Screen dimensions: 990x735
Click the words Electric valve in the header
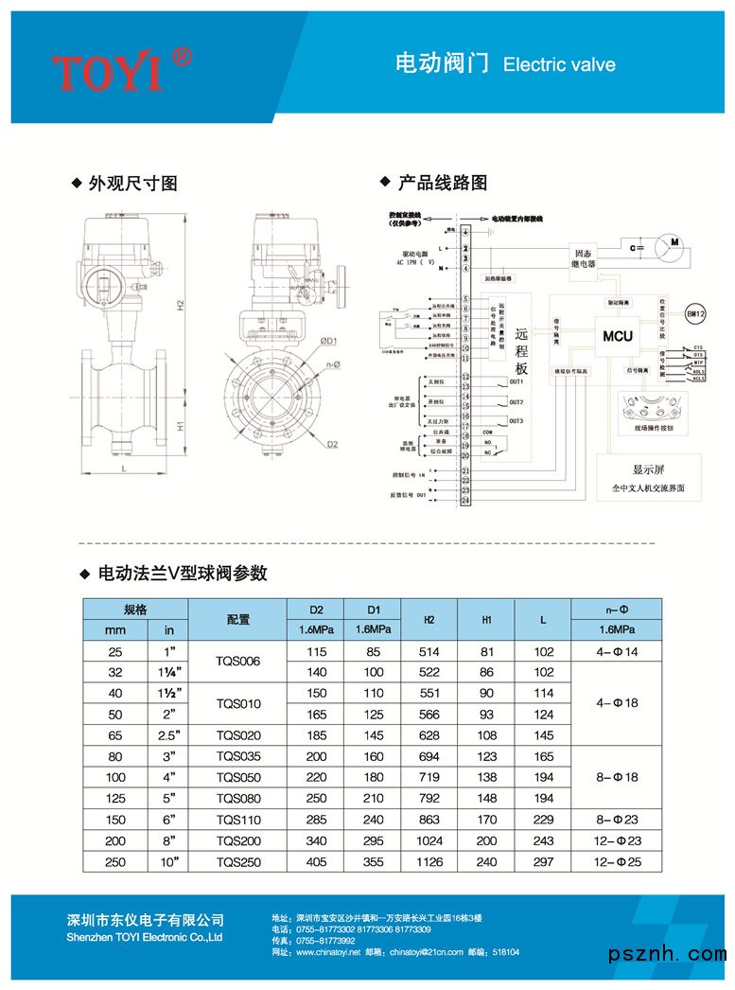point(559,64)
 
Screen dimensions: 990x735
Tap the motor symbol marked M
point(674,244)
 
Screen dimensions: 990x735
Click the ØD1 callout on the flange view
point(328,341)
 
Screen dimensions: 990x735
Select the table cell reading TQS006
point(237,662)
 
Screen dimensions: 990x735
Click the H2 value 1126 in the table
point(429,862)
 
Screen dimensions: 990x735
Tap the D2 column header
point(317,609)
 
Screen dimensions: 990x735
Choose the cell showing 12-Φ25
point(616,862)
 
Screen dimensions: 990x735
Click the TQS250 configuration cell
point(237,862)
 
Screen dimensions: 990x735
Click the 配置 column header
point(237,619)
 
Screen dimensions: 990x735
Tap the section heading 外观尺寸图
point(132,184)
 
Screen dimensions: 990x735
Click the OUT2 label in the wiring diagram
point(516,402)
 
